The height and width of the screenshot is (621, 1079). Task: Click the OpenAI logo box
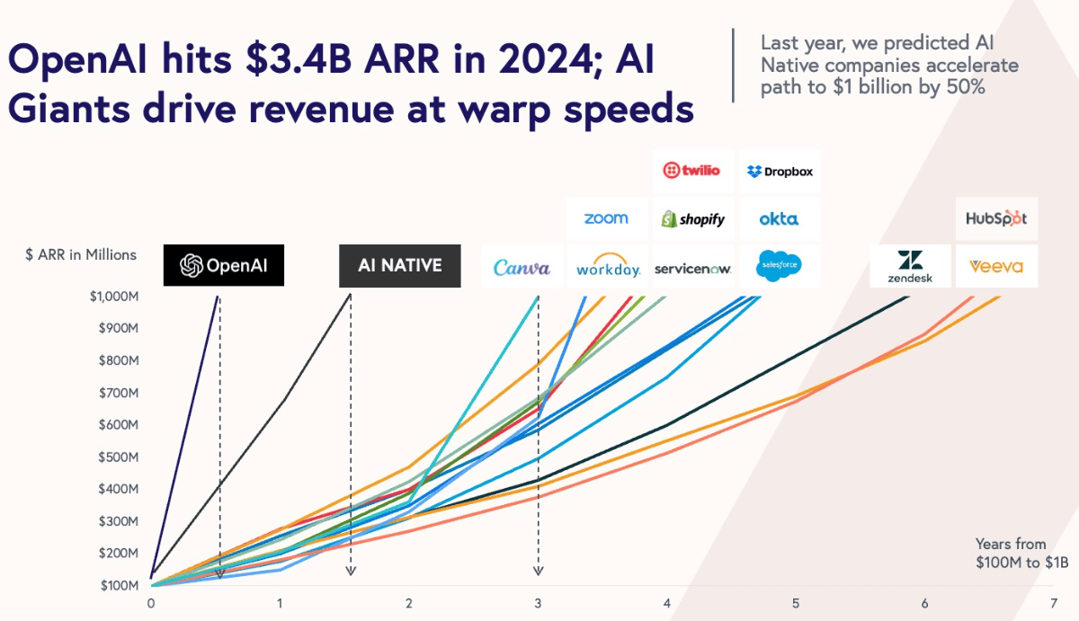223,266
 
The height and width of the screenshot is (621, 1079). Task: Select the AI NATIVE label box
399,266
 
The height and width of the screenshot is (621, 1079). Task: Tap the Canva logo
522,267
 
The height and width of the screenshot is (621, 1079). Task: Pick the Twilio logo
691,170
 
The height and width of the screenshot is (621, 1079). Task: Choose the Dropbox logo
780,171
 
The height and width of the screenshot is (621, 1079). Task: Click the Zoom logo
606,218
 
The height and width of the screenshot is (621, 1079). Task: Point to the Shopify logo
692,218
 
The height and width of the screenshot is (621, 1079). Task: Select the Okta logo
779,218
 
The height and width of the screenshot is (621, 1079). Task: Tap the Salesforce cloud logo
779,266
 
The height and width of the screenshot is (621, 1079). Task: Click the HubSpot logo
995,218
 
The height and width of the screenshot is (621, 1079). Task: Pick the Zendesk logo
910,266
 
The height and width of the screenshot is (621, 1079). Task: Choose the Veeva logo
995,266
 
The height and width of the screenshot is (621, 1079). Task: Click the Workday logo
608,266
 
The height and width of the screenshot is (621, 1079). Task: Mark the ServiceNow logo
692,268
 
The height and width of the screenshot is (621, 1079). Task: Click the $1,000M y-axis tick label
112,297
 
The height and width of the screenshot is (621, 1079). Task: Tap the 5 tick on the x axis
796,603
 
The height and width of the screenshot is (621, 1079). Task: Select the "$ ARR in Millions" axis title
81,254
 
